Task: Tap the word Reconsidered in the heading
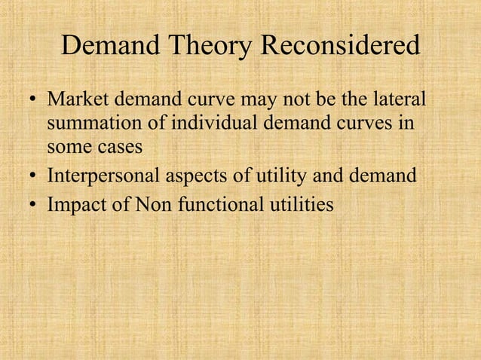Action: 339,47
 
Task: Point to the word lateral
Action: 397,100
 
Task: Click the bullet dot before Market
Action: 33,101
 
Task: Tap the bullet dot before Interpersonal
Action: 33,177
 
